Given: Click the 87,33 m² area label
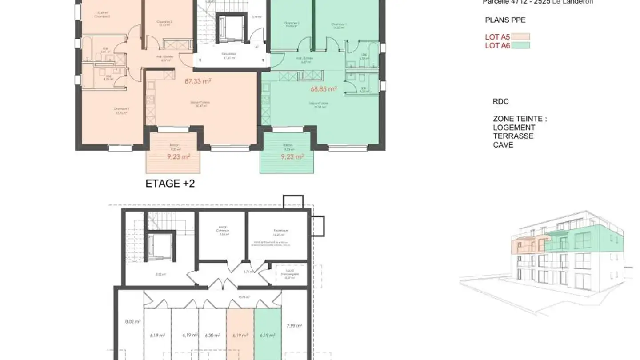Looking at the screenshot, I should click(198, 81).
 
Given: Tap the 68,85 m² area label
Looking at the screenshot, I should click(324, 89).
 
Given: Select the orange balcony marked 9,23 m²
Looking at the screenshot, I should click(173, 156).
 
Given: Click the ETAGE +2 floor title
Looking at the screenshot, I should click(170, 184).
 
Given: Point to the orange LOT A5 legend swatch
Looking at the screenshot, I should click(521, 37).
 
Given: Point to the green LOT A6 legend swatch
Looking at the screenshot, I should click(521, 45).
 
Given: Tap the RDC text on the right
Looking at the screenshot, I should click(500, 101).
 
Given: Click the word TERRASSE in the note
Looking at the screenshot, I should click(513, 136).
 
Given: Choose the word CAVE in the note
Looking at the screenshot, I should click(503, 145).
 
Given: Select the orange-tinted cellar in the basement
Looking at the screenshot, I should click(240, 333).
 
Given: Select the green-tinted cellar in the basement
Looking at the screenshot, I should click(268, 333).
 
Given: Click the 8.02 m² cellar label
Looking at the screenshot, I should click(132, 322).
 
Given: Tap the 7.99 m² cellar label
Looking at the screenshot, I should click(294, 325).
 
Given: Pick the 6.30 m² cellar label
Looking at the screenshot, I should click(212, 336).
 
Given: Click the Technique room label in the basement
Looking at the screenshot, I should click(281, 231).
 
